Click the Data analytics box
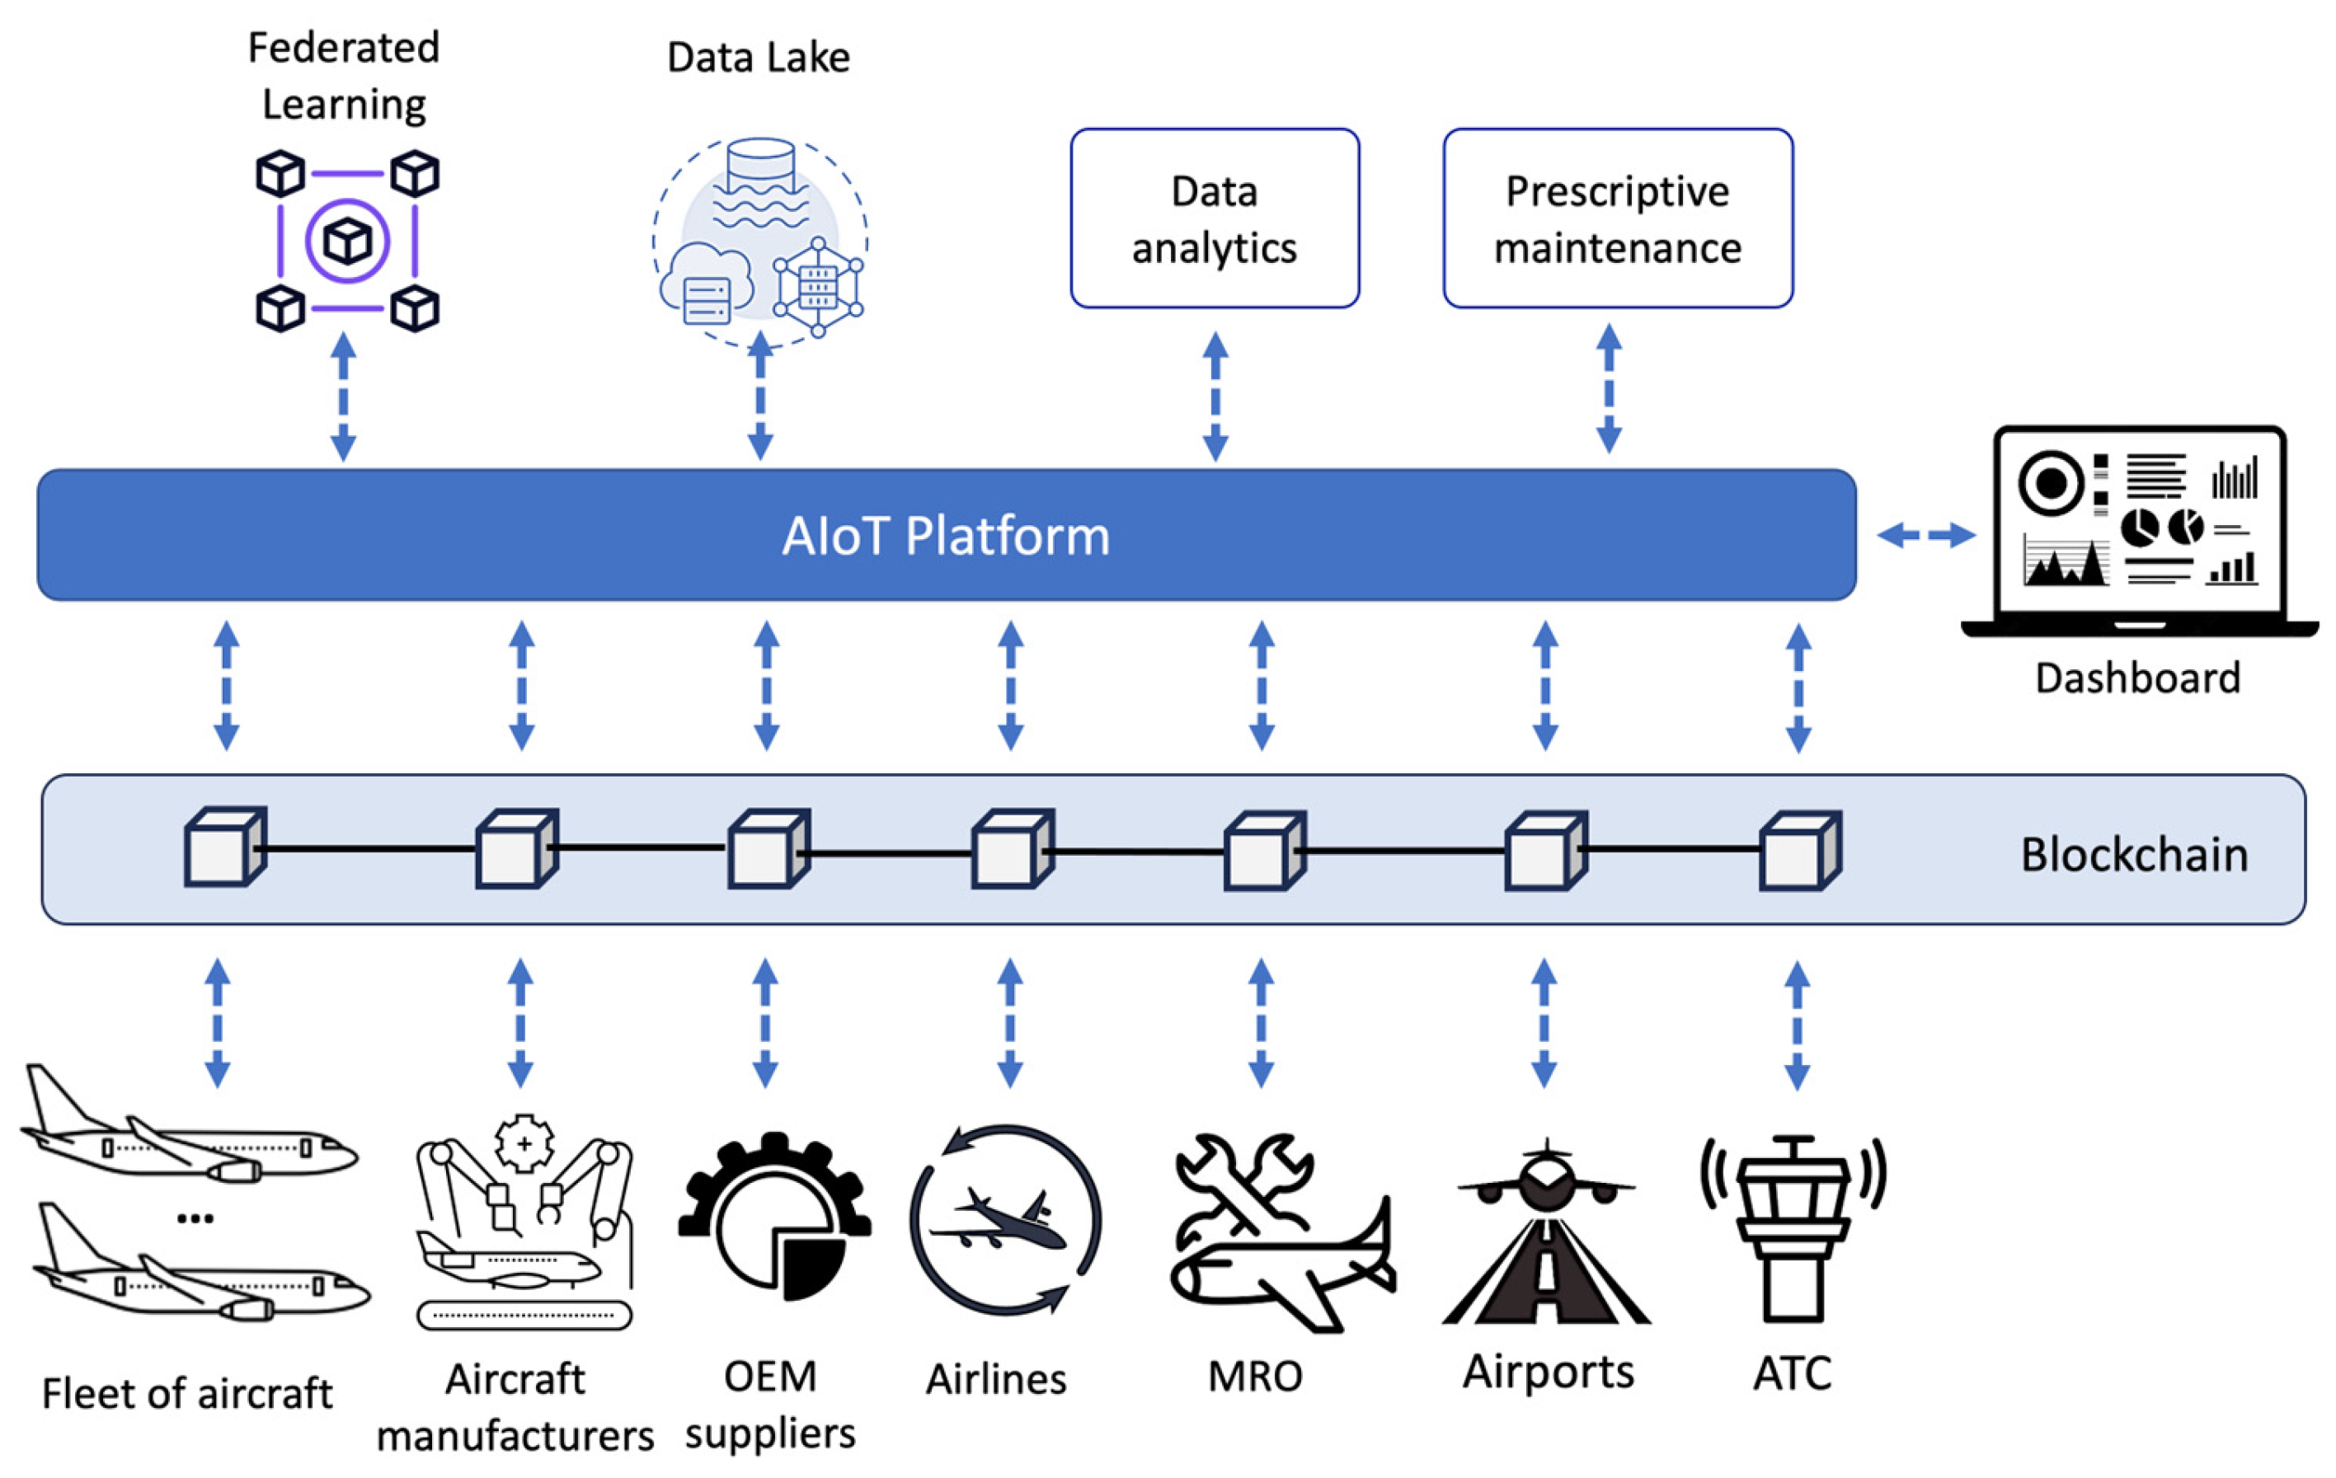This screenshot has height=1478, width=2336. [x=1215, y=219]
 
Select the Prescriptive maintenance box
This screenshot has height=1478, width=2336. [x=1617, y=219]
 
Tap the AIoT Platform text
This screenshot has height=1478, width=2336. [x=946, y=537]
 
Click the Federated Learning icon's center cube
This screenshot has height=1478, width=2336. [x=347, y=242]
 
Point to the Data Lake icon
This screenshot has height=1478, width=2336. [x=759, y=241]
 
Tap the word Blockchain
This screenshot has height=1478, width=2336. [x=2134, y=855]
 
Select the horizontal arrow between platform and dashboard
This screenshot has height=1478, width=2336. [x=1925, y=534]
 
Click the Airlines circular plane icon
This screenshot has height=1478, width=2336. [x=1005, y=1220]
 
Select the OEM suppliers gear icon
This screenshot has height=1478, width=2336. [x=773, y=1218]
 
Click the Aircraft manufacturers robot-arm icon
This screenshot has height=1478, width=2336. [x=524, y=1222]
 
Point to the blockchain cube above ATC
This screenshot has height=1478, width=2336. [x=1799, y=852]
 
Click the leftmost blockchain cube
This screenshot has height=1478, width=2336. [x=224, y=847]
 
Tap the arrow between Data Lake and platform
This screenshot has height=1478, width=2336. [x=760, y=397]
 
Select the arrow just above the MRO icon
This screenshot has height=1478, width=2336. [x=1260, y=1023]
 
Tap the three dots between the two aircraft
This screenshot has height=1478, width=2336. [x=195, y=1219]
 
